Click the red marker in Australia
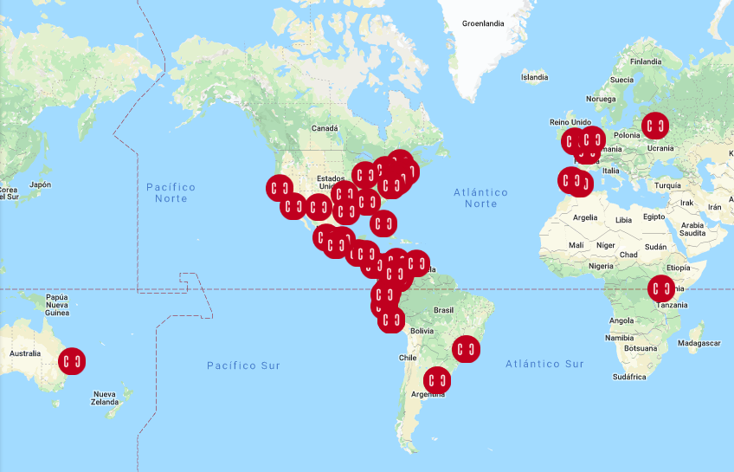pyautogui.click(x=73, y=360)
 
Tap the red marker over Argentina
pyautogui.click(x=437, y=380)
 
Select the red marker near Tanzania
pyautogui.click(x=661, y=288)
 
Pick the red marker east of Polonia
pyautogui.click(x=656, y=126)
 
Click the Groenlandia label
pyautogui.click(x=483, y=23)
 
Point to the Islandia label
pyautogui.click(x=534, y=77)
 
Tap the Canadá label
pyautogui.click(x=325, y=128)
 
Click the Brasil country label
pyautogui.click(x=443, y=309)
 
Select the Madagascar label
pyautogui.click(x=699, y=344)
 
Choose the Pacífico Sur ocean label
pyautogui.click(x=243, y=365)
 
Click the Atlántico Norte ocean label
pyautogui.click(x=480, y=197)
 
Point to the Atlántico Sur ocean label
pyautogui.click(x=544, y=364)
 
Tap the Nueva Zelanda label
pyautogui.click(x=105, y=398)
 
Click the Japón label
pyautogui.click(x=40, y=184)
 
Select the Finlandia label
pyautogui.click(x=645, y=61)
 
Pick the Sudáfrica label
pyautogui.click(x=628, y=377)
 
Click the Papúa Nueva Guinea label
pyautogui.click(x=57, y=305)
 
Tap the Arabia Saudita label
pyautogui.click(x=692, y=230)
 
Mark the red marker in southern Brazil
pyautogui.click(x=466, y=349)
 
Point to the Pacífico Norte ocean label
pyautogui.click(x=171, y=192)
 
